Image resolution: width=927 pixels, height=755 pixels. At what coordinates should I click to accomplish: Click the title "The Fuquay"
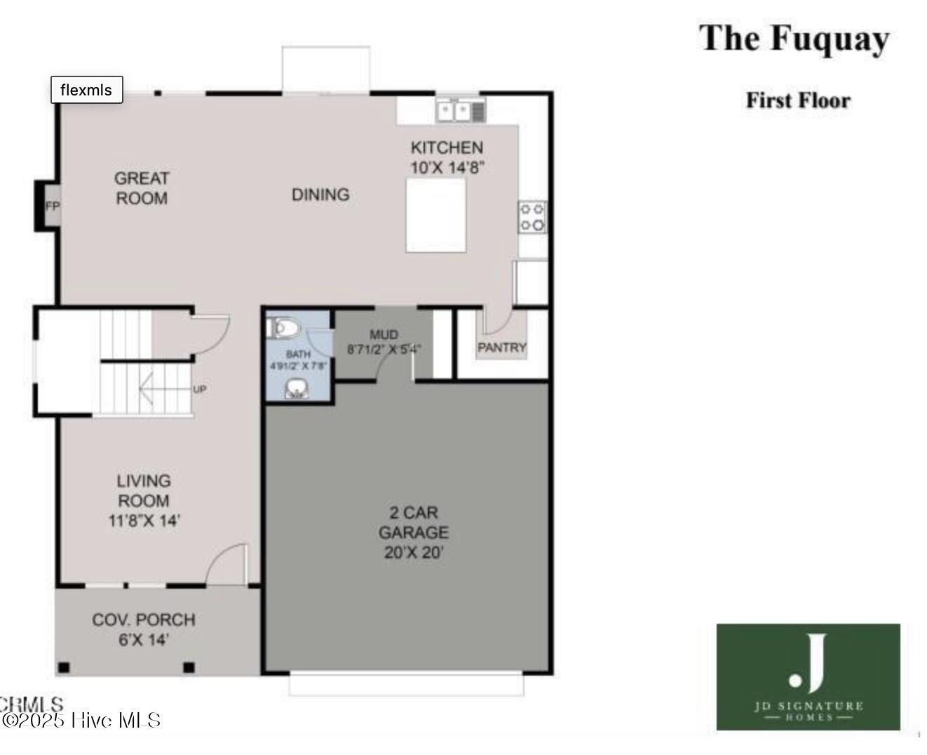794,39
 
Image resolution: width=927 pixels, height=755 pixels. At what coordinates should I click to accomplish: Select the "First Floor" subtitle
798,100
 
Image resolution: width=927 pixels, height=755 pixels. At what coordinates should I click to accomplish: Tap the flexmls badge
86,90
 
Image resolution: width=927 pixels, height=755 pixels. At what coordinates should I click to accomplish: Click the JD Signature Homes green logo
808,676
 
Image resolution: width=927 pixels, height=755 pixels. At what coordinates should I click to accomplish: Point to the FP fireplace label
53,206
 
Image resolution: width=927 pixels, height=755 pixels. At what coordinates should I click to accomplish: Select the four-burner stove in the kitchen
532,217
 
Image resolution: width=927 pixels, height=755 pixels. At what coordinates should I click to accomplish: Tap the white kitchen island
435,215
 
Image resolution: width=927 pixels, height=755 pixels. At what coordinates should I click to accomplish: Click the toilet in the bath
285,328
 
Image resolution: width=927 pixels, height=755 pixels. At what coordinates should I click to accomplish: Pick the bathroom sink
298,389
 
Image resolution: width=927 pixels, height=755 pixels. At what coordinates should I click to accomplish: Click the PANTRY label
501,347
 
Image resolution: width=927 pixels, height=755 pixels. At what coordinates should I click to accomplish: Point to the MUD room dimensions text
384,349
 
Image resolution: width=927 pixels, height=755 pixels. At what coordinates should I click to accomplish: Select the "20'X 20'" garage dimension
414,552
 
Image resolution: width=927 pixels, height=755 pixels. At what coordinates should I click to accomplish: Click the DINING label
320,194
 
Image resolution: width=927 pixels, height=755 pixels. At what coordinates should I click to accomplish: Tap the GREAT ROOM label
142,188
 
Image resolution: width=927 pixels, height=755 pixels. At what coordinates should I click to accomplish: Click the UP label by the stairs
200,389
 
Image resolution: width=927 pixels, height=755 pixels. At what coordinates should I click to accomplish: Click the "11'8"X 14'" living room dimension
144,521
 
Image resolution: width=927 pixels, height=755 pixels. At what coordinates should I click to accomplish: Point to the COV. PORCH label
144,620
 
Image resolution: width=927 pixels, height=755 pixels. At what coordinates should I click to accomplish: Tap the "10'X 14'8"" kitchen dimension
447,168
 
